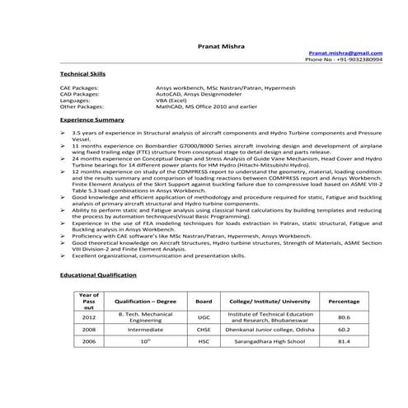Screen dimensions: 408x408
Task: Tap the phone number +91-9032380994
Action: point(344,59)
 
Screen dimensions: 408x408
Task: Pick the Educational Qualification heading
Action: point(98,274)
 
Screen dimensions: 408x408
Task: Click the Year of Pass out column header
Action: point(88,301)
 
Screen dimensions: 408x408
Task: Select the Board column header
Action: point(204,301)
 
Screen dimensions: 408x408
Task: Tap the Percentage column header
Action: point(344,301)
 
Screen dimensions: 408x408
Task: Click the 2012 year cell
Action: point(88,317)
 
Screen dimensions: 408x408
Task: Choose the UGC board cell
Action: point(204,317)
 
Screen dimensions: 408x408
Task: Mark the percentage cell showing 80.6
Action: point(344,317)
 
